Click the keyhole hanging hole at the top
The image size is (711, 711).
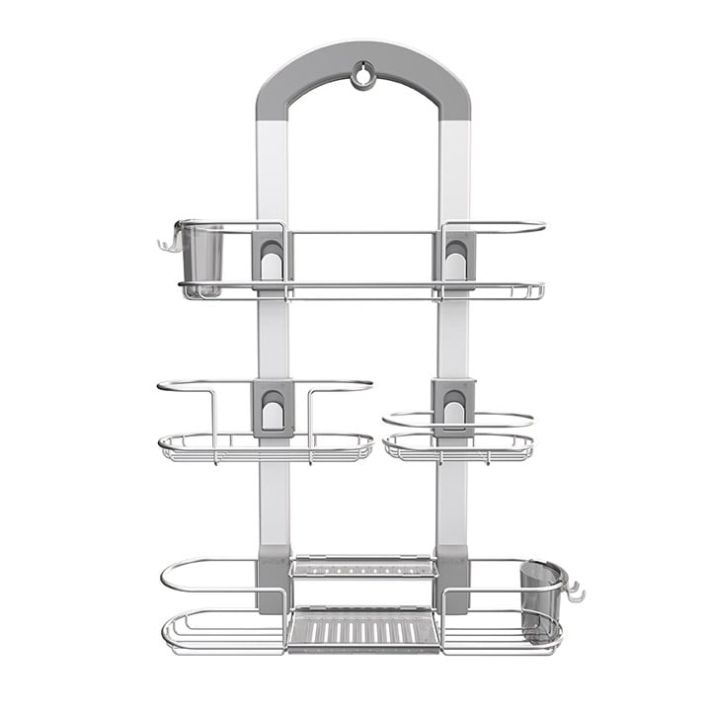(363, 74)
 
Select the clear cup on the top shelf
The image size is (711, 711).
(202, 259)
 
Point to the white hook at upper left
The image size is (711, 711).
(166, 242)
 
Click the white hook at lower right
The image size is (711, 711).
(574, 592)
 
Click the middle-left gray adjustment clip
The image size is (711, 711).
(272, 407)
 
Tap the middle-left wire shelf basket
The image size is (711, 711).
(265, 446)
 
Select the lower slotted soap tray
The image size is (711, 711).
(363, 629)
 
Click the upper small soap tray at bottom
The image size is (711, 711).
(363, 567)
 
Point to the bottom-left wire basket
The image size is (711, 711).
(222, 627)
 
